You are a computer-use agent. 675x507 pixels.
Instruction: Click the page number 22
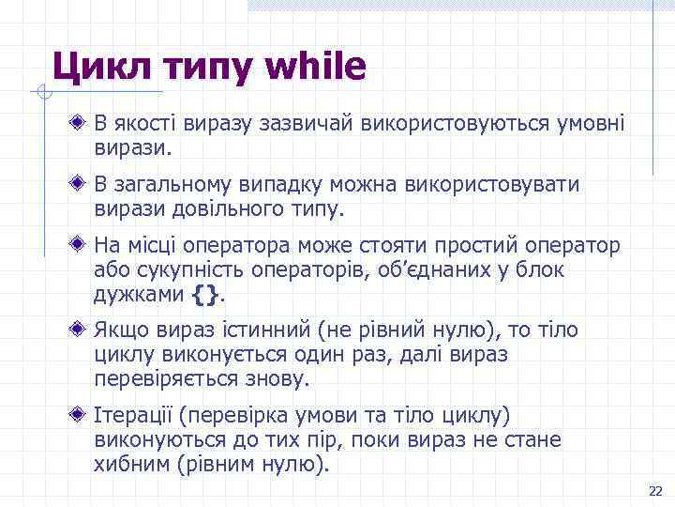[x=655, y=491]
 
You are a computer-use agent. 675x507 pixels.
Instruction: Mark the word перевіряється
[x=162, y=379]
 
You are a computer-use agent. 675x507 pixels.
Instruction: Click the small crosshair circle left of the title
[x=38, y=91]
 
